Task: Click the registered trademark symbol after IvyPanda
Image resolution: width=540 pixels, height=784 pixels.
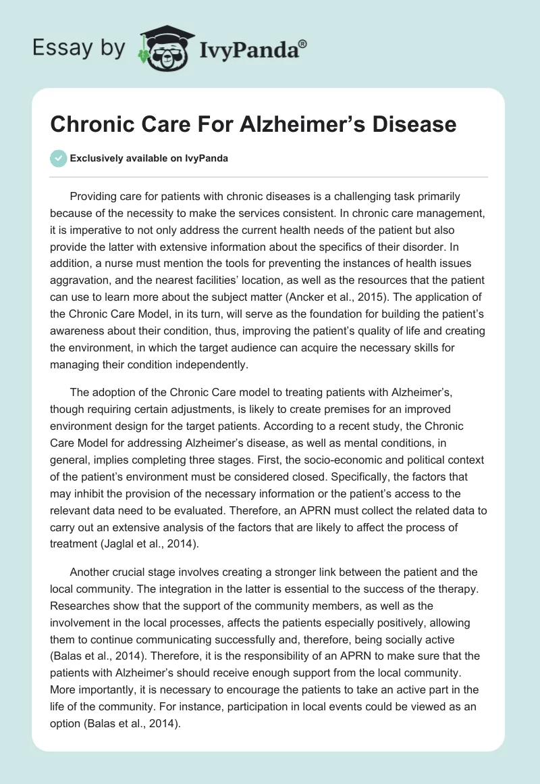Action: point(303,44)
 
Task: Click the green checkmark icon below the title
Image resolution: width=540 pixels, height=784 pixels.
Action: point(59,158)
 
